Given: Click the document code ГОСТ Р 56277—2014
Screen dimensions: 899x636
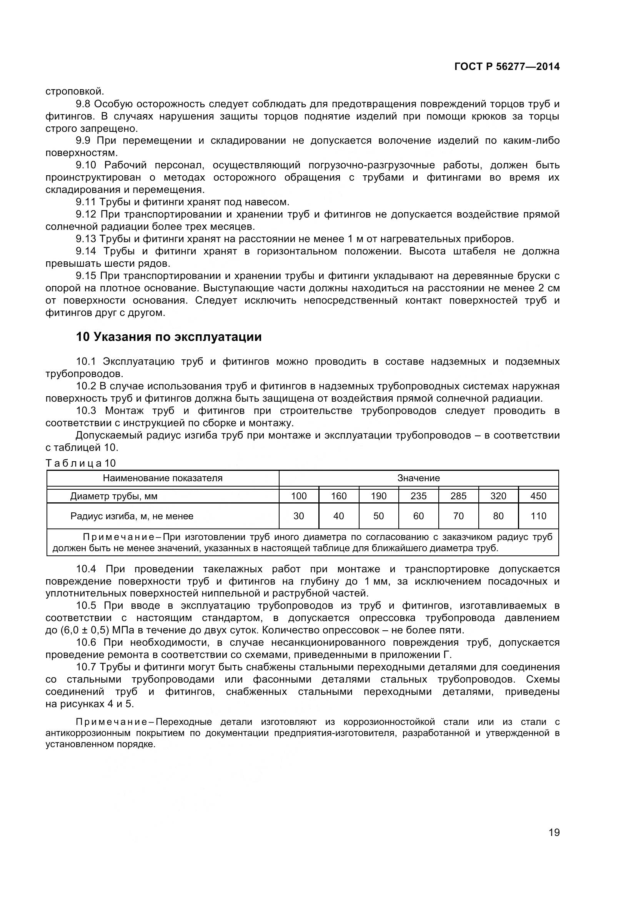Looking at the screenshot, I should click(507, 66).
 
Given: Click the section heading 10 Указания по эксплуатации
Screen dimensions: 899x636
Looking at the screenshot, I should click(168, 337).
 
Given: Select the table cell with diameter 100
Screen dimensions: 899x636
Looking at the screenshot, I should click(299, 496).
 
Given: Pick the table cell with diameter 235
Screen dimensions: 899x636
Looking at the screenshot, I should click(418, 496).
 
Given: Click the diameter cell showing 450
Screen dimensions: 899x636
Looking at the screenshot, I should click(538, 496).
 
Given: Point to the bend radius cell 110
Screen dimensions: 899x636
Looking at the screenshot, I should click(538, 516).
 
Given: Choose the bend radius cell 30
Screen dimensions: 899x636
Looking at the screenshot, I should click(299, 516).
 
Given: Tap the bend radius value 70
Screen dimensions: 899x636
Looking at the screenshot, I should click(458, 516).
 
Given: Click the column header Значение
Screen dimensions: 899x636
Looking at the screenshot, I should click(418, 478).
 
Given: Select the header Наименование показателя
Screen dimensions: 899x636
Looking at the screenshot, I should click(163, 478).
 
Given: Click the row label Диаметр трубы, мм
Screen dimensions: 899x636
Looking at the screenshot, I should click(113, 497).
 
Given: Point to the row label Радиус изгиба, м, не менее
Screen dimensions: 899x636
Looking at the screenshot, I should click(132, 516).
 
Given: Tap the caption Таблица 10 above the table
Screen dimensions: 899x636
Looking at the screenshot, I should click(81, 463).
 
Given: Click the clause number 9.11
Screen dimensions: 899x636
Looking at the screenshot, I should click(86, 202).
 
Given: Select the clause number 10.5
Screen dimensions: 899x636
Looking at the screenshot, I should click(86, 606).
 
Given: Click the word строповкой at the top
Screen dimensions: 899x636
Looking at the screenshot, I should click(75, 91).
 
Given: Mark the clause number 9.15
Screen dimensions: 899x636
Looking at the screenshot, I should click(86, 276).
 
